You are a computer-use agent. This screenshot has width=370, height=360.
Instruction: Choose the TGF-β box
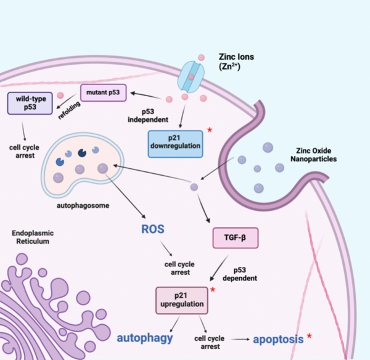click(234, 237)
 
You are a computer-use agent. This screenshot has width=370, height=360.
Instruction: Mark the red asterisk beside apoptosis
click(309, 336)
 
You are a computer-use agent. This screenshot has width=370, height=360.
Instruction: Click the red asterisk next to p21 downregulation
click(210, 130)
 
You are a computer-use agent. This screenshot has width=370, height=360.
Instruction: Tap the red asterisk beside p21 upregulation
click(213, 289)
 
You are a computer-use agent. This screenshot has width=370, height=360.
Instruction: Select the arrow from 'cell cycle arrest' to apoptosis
click(237, 338)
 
